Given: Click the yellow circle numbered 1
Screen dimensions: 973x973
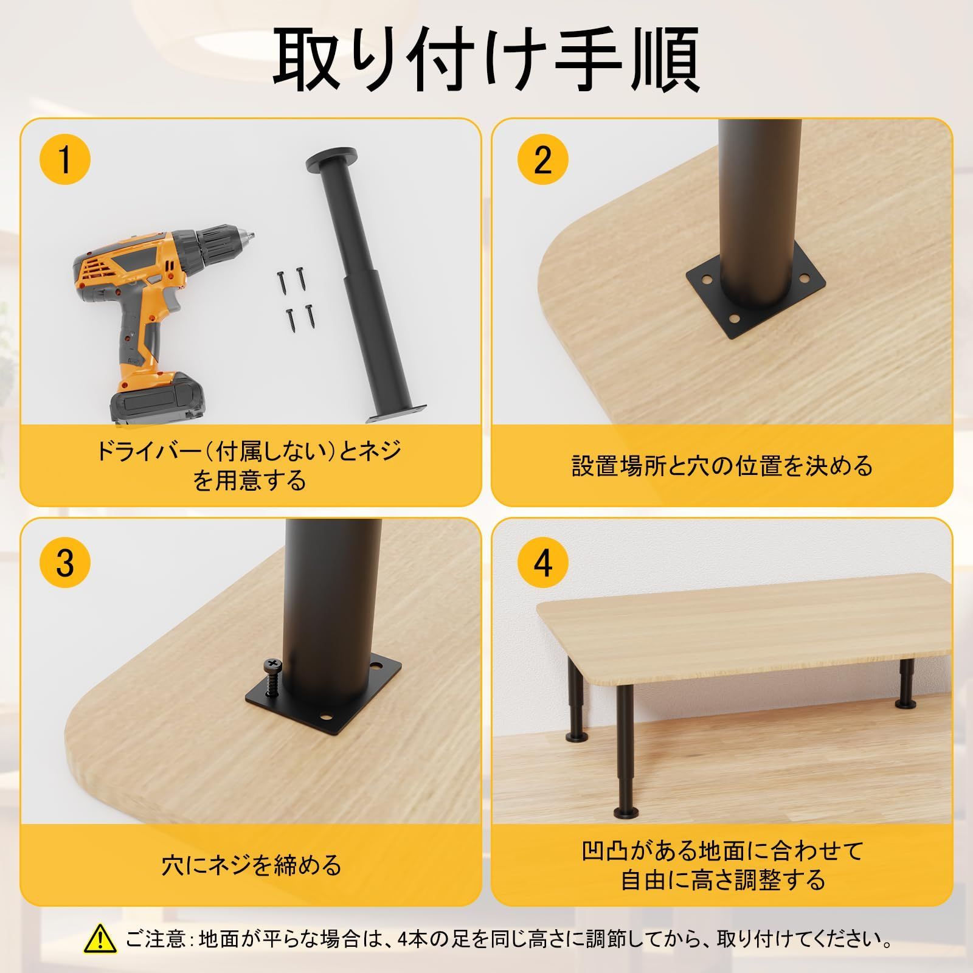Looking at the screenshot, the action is pyautogui.click(x=64, y=160).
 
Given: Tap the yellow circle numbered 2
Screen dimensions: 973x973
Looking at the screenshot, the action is pyautogui.click(x=542, y=160).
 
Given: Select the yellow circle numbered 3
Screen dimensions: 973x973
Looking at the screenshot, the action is pyautogui.click(x=64, y=563).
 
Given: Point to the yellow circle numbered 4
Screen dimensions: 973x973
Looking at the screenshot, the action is pyautogui.click(x=542, y=563).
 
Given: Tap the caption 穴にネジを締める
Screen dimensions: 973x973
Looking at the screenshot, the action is pyautogui.click(x=251, y=864).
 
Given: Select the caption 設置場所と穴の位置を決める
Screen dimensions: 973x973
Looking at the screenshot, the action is pyautogui.click(x=722, y=465).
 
